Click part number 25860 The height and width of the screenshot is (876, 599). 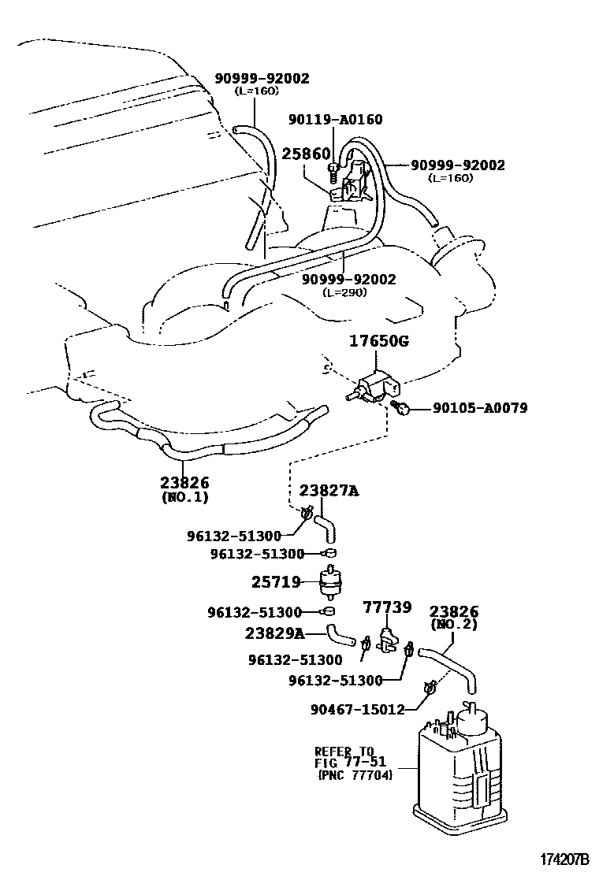[x=305, y=153]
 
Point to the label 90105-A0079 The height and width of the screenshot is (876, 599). [x=480, y=408]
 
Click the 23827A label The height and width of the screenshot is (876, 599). [x=329, y=491]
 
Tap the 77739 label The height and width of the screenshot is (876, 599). [x=386, y=607]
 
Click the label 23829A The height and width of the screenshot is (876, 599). [x=273, y=632]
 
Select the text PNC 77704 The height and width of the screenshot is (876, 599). [x=355, y=775]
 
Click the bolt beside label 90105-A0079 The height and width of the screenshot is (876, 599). [x=403, y=407]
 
